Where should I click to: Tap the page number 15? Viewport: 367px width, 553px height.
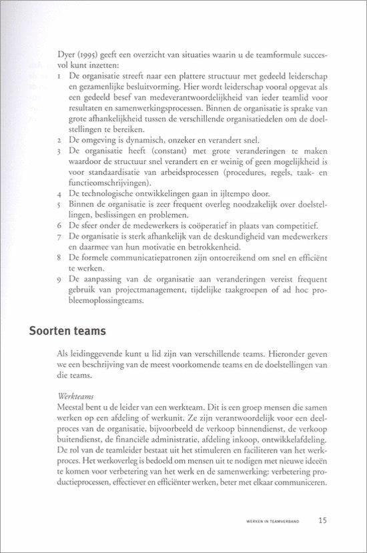[x=323, y=520]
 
